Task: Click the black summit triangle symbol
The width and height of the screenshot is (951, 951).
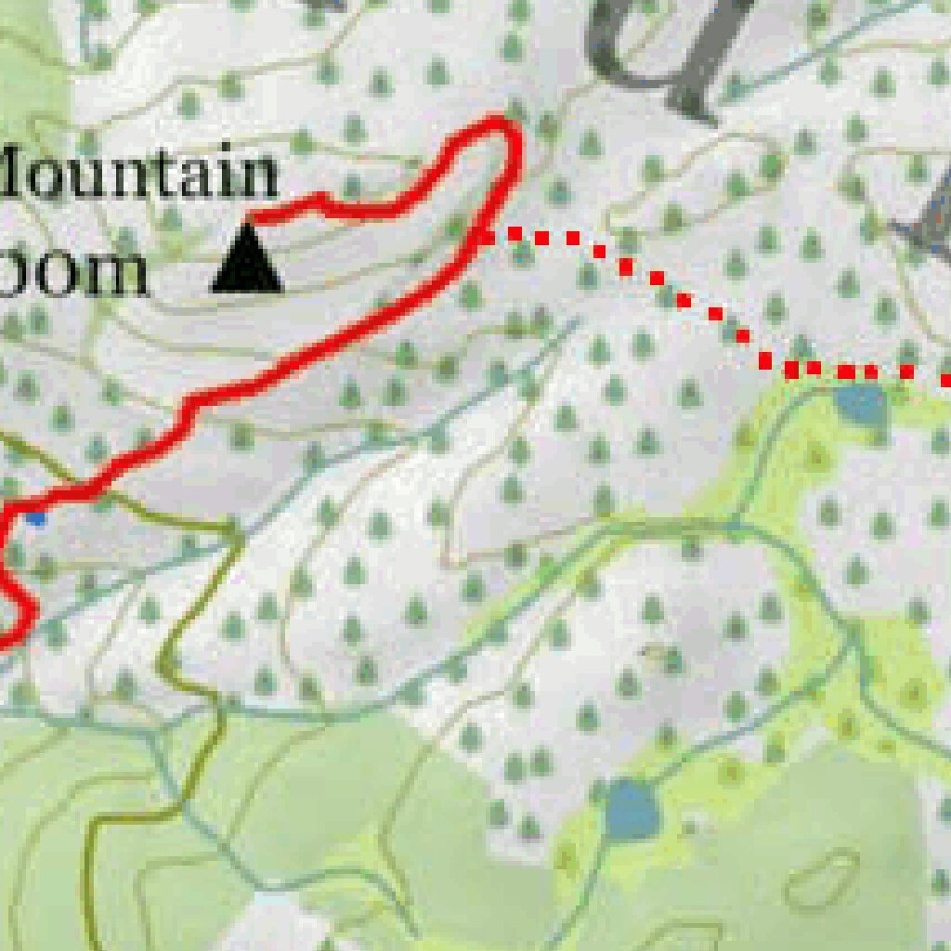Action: pos(247,261)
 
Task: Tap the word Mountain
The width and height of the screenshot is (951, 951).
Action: pos(139,173)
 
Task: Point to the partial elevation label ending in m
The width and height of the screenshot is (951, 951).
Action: pos(74,273)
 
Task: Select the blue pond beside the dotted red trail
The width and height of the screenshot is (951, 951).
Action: pos(860,403)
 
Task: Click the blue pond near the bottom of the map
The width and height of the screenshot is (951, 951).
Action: pos(632,809)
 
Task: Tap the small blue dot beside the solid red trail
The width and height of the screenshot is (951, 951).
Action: pos(36,516)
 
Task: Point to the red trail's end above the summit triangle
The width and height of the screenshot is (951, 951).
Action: pos(253,219)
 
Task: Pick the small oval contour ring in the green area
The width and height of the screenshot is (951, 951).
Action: pos(822,878)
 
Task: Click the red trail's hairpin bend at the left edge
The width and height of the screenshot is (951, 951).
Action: pos(28,609)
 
